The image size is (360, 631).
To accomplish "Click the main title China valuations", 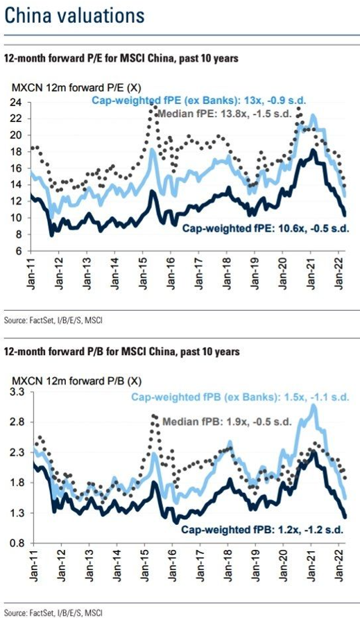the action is point(74,17).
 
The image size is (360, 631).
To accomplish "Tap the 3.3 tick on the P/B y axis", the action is point(19,392).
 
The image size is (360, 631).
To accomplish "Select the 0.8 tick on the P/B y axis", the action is point(19,544).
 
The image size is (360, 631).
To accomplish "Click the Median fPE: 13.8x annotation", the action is point(224,114).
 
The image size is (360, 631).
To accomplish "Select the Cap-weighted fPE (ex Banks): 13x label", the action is point(200,101).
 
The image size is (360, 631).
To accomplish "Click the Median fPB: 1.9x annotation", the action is point(227,422).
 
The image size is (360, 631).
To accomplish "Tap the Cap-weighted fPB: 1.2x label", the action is point(262,530).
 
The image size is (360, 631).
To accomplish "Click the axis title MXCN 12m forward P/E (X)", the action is point(76,87).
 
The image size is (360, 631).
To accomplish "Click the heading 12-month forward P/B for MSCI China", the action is point(121,352).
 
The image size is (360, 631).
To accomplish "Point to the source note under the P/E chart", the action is point(56,321).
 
